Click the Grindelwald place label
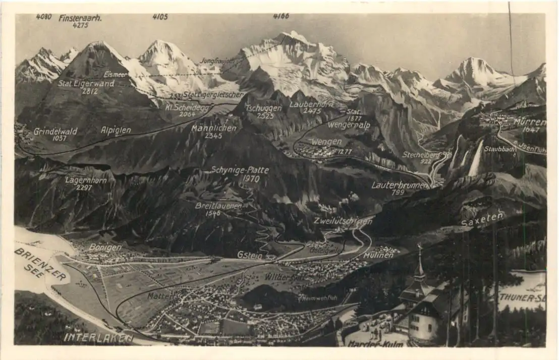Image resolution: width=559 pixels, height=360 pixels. tap(55, 132)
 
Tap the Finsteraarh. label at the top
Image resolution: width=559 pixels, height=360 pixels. tap(80, 18)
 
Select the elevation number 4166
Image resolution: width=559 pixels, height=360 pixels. tap(281, 16)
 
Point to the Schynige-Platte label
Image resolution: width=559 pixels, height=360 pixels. tap(240, 170)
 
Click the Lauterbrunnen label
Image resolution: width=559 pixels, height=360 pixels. tap(399, 185)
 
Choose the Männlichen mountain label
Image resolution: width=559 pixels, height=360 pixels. tap(214, 129)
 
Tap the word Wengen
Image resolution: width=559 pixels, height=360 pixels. tap(326, 142)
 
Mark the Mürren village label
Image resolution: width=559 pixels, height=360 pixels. tap(529, 122)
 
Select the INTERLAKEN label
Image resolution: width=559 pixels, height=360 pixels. tap(98, 338)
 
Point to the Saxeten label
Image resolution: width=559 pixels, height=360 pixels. tap(482, 218)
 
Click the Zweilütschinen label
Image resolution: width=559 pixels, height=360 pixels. tap(343, 221)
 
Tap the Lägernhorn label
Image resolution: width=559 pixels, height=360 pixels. tap(86, 180)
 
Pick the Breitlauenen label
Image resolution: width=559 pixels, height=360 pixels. tap(218, 206)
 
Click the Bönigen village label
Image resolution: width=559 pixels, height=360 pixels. tap(105, 247)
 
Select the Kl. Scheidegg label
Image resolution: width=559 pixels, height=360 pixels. tap(187, 107)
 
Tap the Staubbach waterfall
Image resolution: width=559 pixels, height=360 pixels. tap(476, 159)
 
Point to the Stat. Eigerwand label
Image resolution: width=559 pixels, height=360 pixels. tap(86, 84)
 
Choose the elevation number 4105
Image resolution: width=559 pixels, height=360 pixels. tap(160, 17)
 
